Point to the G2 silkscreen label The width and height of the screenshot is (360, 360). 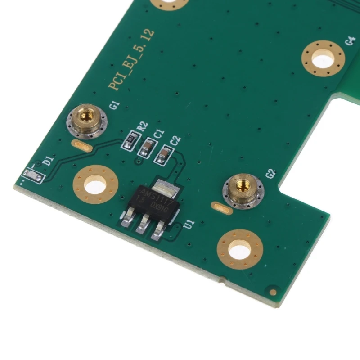click(270, 174)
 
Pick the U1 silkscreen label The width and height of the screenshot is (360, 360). click(189, 224)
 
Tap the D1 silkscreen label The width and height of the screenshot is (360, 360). click(49, 161)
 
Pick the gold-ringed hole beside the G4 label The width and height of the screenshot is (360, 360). click(324, 58)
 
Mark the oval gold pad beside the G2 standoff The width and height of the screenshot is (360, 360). click(220, 208)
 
